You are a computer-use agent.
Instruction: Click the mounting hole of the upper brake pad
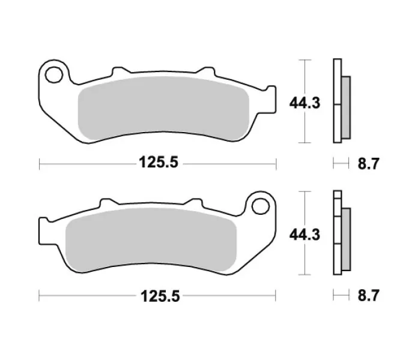54,74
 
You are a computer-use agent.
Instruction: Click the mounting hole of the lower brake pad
261,206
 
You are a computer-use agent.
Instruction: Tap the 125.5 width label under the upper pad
159,162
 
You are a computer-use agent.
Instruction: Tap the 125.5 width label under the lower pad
160,296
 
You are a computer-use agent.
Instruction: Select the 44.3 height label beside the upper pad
304,103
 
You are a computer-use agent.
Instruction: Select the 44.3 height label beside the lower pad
304,235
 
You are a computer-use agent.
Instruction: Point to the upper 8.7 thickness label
368,164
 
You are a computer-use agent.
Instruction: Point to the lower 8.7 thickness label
368,296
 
